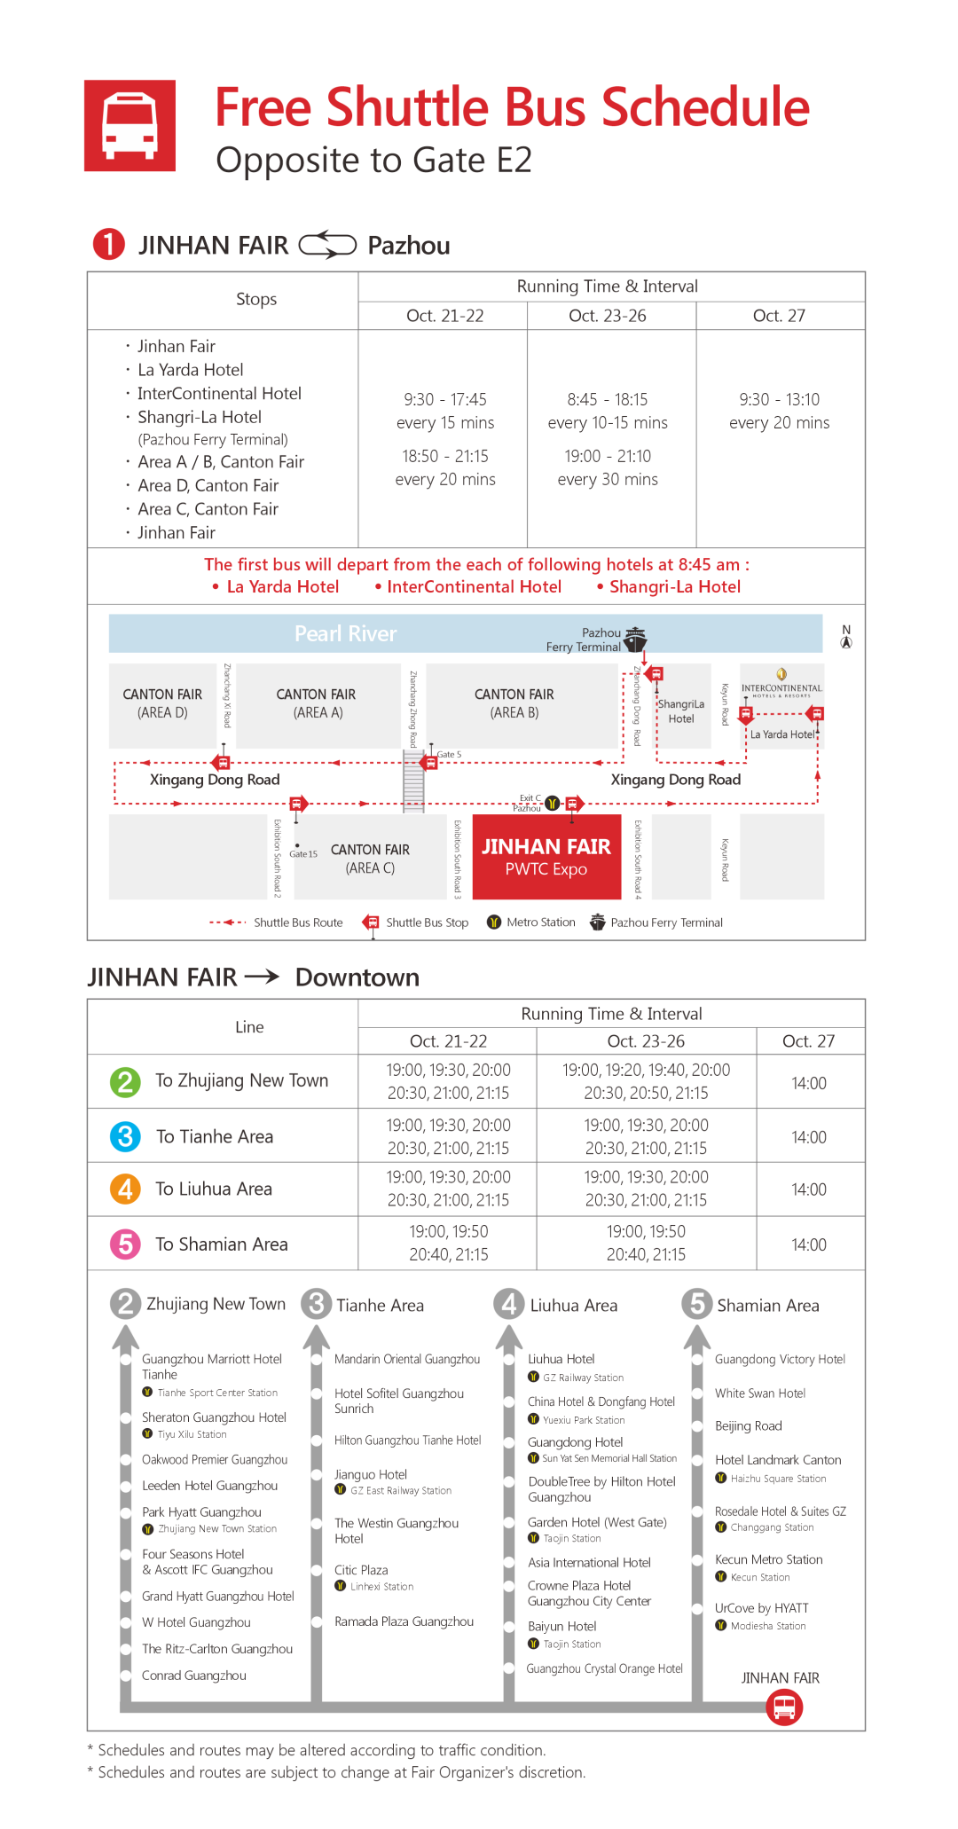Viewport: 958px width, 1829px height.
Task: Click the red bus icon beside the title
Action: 130,126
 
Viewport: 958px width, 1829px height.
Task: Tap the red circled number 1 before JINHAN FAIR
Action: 109,244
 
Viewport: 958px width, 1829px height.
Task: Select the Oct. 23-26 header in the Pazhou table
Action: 608,316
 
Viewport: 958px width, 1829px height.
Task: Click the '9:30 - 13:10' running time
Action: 779,399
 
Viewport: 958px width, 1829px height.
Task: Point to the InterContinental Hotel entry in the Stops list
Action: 219,393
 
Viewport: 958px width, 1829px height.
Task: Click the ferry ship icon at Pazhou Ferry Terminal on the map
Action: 635,639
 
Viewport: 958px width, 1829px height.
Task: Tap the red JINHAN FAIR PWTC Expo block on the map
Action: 546,857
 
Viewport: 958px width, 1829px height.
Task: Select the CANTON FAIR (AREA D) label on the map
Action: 162,703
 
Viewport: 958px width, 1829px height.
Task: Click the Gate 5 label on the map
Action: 449,754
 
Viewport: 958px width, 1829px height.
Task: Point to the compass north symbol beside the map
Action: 846,637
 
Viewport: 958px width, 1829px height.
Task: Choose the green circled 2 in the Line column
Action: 125,1081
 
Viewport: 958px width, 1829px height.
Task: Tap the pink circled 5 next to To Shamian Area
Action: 125,1244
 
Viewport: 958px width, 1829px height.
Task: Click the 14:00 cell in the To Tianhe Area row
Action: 808,1137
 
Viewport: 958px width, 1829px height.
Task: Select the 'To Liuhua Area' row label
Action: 214,1189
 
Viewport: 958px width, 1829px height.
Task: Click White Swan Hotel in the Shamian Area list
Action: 760,1393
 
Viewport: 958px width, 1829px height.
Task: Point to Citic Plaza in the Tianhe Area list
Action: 361,1569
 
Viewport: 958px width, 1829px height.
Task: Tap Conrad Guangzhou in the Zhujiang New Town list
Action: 194,1675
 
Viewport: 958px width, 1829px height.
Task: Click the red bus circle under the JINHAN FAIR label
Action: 784,1707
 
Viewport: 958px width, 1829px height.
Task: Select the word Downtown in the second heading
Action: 357,977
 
